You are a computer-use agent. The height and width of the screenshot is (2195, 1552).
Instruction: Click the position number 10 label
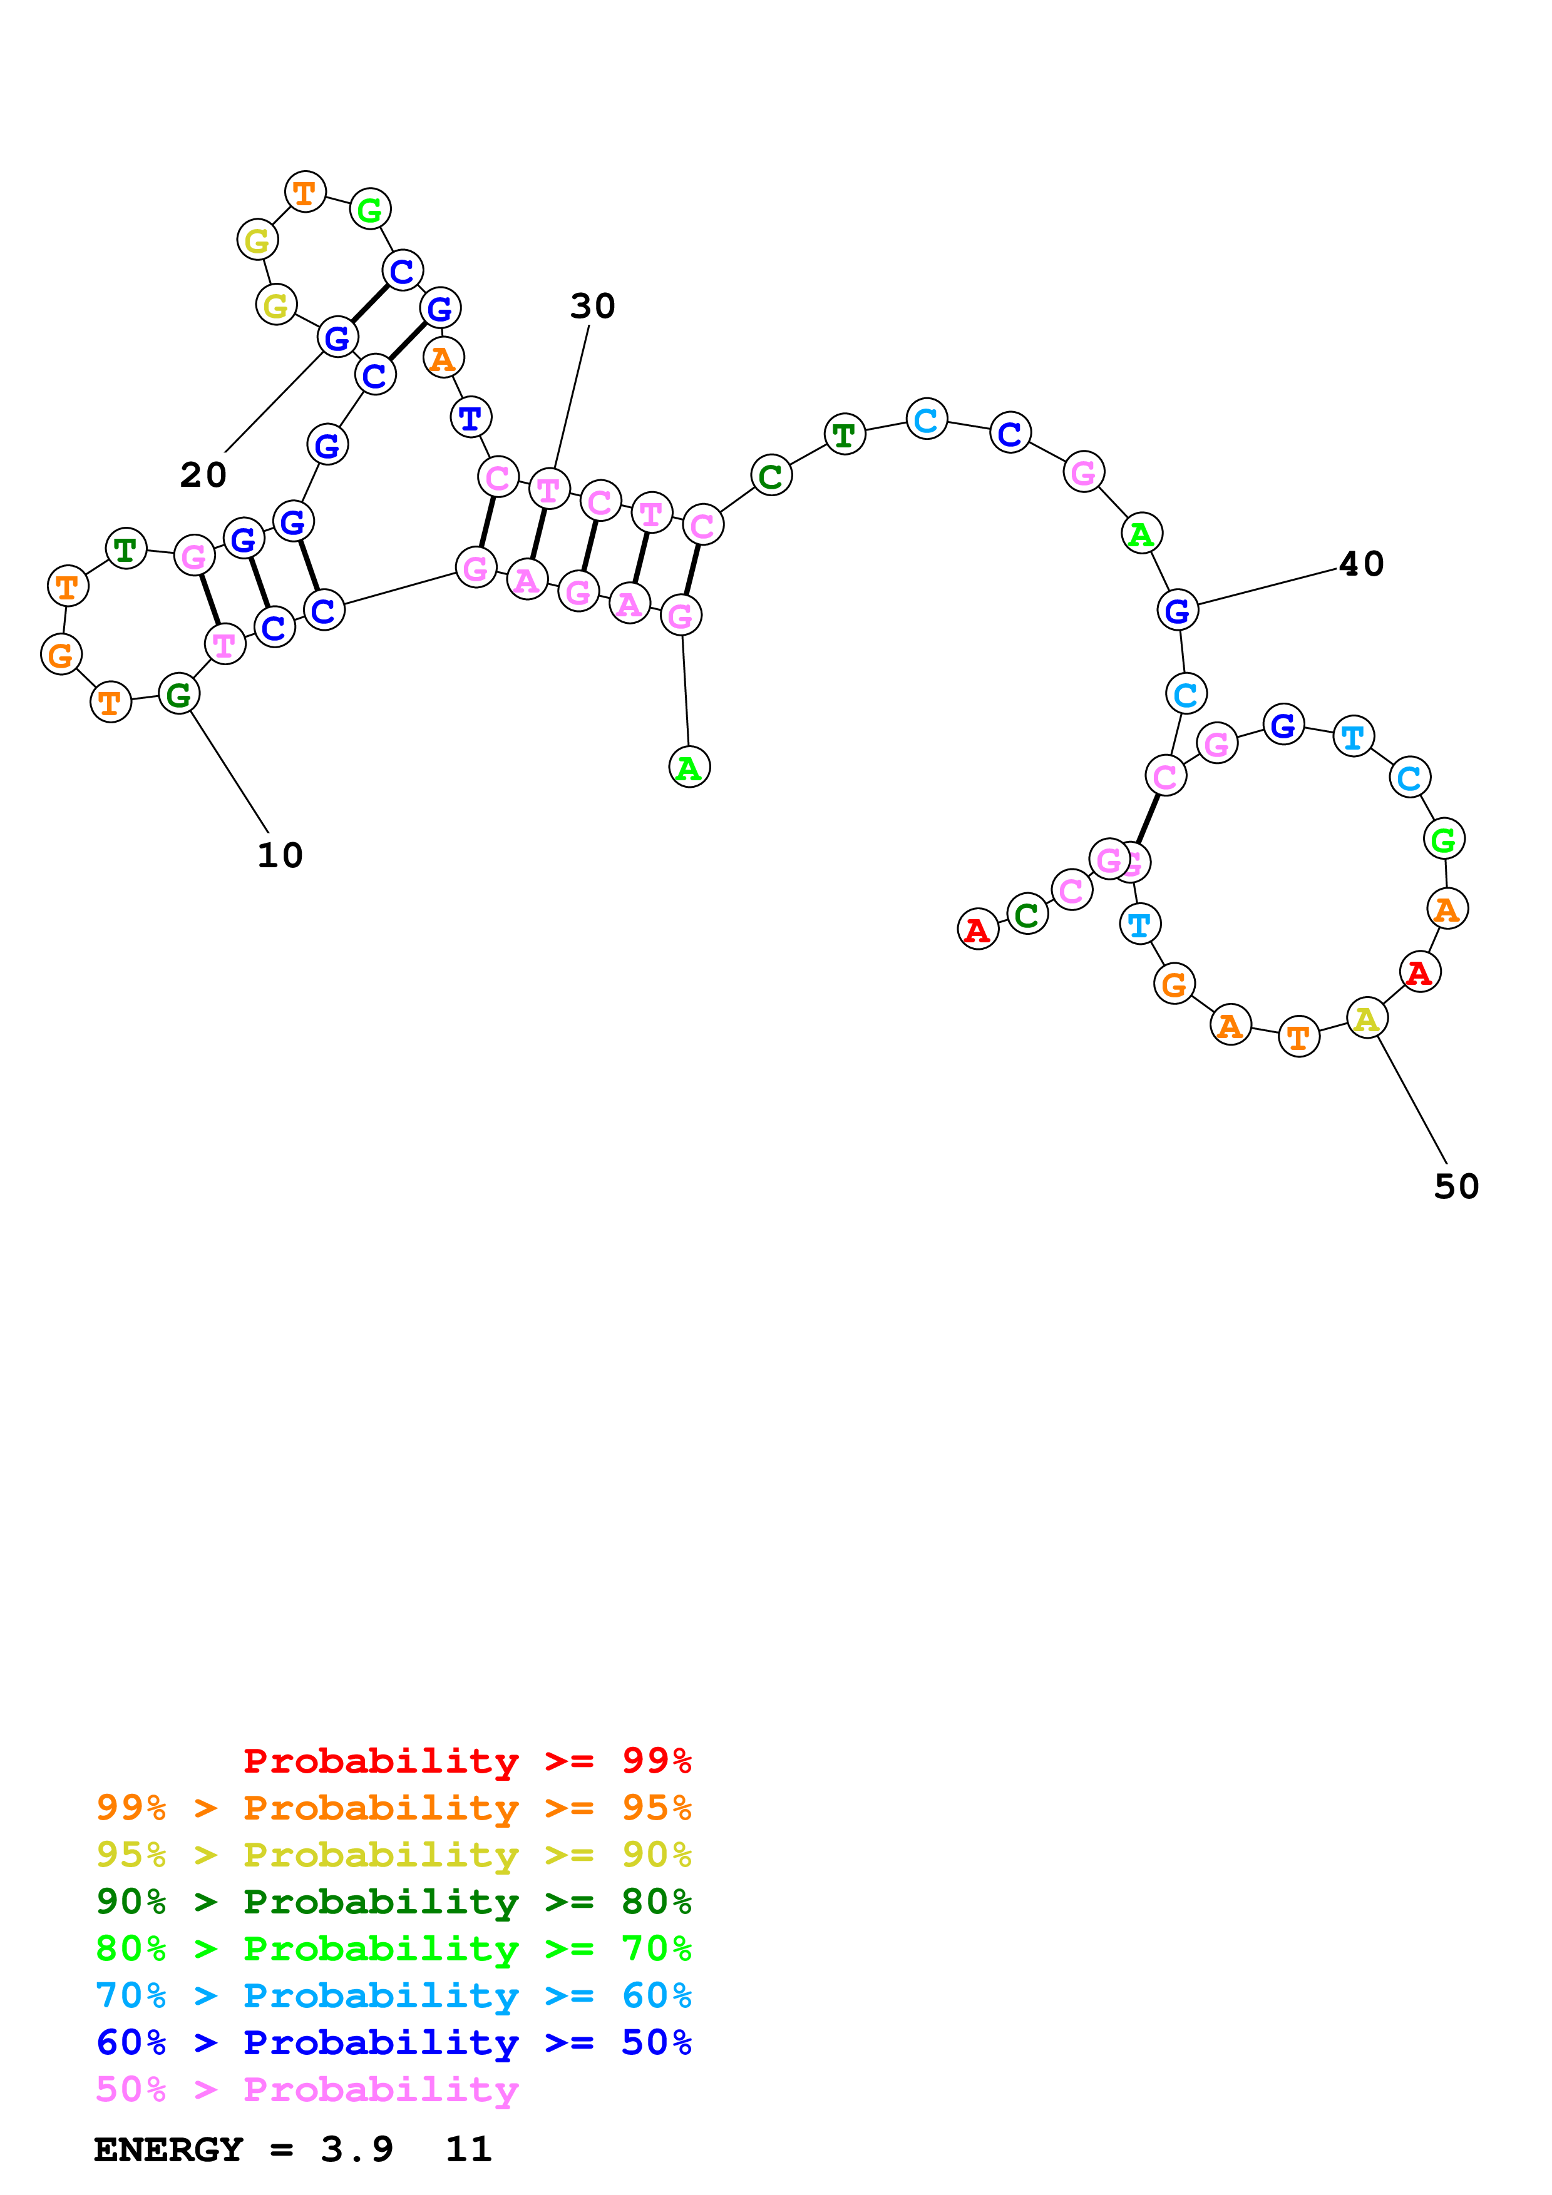point(280,855)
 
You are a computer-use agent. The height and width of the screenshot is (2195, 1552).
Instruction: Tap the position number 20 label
point(203,474)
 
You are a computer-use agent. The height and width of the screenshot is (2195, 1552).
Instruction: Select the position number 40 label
point(1362,564)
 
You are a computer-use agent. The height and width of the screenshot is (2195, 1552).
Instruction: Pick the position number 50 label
point(1456,1186)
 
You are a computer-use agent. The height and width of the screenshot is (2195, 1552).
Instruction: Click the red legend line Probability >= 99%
point(466,1760)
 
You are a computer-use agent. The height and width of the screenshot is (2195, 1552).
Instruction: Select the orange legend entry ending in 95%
point(394,1808)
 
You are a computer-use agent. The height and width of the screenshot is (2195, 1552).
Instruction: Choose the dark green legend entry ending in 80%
point(394,1902)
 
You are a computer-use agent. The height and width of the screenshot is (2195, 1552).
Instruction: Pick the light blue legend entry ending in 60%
point(394,1995)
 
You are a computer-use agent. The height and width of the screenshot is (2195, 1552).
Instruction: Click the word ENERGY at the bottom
point(168,2149)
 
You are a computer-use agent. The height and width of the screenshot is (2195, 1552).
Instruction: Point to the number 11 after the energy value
point(468,2149)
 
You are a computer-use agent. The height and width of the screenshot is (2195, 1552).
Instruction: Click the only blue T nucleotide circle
point(470,418)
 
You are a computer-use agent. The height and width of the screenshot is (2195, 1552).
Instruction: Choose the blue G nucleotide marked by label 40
point(1177,610)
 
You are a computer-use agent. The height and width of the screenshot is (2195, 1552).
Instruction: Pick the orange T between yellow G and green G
point(305,192)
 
